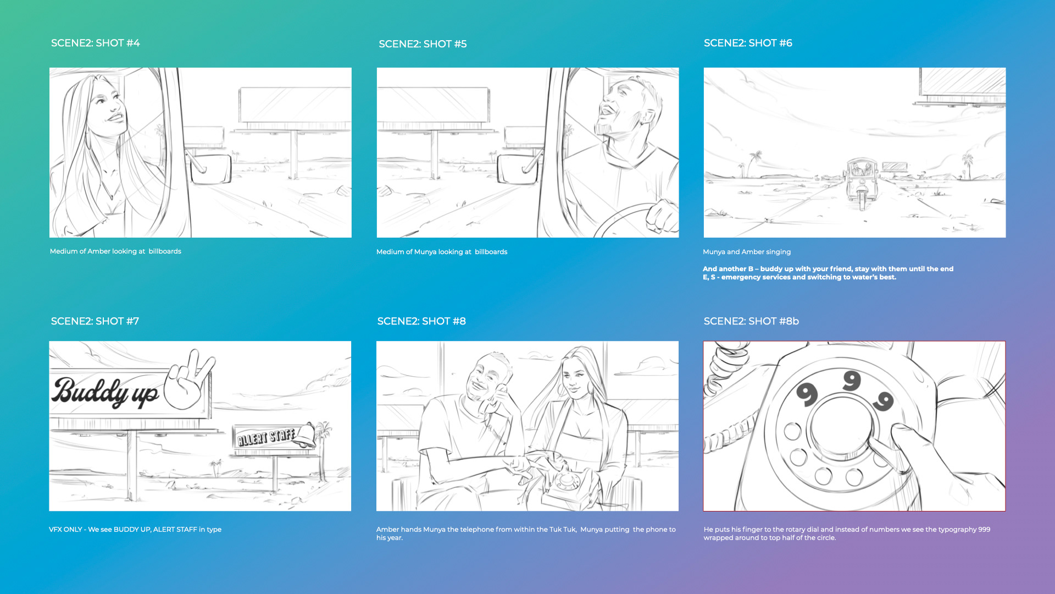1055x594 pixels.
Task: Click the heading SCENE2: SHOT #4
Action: tap(95, 43)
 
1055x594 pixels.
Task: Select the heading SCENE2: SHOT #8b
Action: tap(751, 321)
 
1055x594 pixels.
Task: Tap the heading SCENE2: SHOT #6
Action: tap(748, 43)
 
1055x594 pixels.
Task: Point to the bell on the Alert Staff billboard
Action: tap(306, 435)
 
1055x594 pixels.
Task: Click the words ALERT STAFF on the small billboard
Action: tap(266, 437)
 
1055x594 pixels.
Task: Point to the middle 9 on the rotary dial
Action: tap(852, 381)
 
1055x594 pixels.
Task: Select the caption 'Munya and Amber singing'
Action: tap(747, 252)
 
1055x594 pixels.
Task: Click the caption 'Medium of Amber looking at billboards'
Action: tap(115, 251)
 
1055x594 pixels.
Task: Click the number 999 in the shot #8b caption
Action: tap(984, 530)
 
